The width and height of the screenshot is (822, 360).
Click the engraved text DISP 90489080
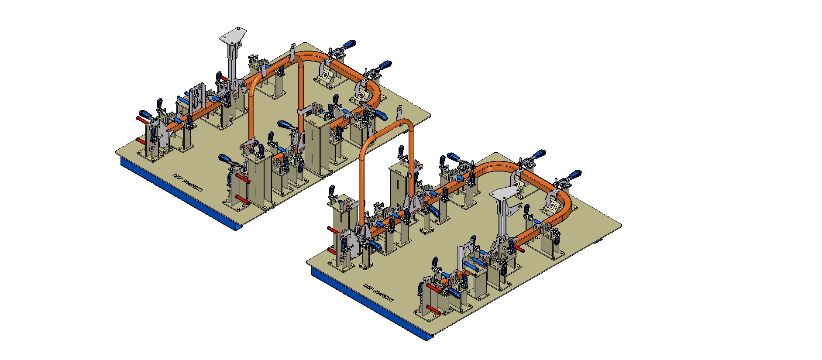point(378,294)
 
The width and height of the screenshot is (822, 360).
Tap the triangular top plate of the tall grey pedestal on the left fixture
point(233,34)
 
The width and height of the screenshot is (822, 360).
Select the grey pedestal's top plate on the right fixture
point(505,194)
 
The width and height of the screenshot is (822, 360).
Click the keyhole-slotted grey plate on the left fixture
point(198,96)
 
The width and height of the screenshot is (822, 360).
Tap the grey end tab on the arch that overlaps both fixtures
point(399,111)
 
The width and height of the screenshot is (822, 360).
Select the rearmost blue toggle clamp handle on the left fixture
point(349,44)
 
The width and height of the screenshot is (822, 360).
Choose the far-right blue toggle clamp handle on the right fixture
point(574,175)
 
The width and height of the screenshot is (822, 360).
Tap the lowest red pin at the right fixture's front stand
point(433,309)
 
